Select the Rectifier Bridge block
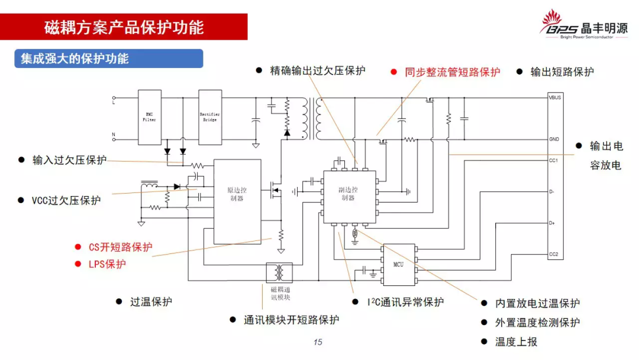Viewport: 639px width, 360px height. [x=210, y=117]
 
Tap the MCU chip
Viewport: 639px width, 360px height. [x=399, y=263]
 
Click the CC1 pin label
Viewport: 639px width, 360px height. [x=554, y=160]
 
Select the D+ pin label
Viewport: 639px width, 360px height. [x=553, y=223]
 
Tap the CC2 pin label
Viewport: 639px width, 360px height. [x=554, y=255]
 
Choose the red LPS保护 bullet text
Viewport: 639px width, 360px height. [x=107, y=264]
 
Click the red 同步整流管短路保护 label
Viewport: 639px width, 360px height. [x=452, y=72]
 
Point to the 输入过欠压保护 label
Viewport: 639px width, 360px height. [x=70, y=160]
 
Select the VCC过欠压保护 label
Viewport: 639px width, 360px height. [x=67, y=200]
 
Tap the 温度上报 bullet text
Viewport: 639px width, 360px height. [x=516, y=342]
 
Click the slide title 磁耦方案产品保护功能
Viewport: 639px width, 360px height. [x=124, y=27]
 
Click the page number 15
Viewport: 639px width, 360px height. [x=318, y=342]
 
